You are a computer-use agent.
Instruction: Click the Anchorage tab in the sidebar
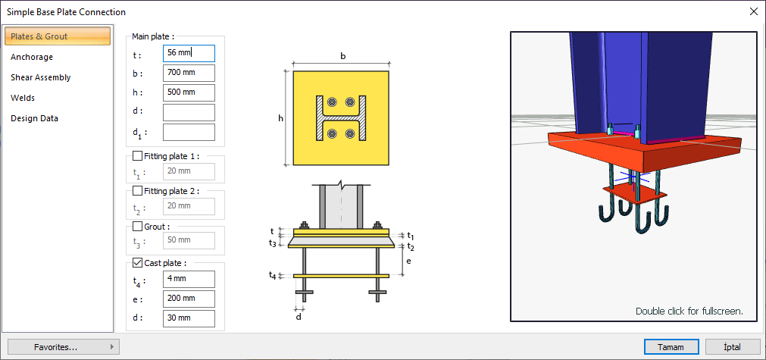pyautogui.click(x=32, y=57)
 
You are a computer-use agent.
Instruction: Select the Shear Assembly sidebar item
pyautogui.click(x=41, y=77)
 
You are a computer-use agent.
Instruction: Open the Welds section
pyautogui.click(x=23, y=99)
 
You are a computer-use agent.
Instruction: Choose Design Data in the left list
pyautogui.click(x=34, y=119)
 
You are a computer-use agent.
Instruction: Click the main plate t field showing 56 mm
pyautogui.click(x=189, y=53)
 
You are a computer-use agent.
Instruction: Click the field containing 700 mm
pyautogui.click(x=189, y=73)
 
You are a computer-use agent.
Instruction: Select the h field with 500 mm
pyautogui.click(x=189, y=92)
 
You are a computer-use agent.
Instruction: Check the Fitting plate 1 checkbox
pyautogui.click(x=137, y=156)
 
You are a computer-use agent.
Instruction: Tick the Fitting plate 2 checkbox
pyautogui.click(x=137, y=191)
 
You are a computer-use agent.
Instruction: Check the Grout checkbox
pyautogui.click(x=137, y=227)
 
